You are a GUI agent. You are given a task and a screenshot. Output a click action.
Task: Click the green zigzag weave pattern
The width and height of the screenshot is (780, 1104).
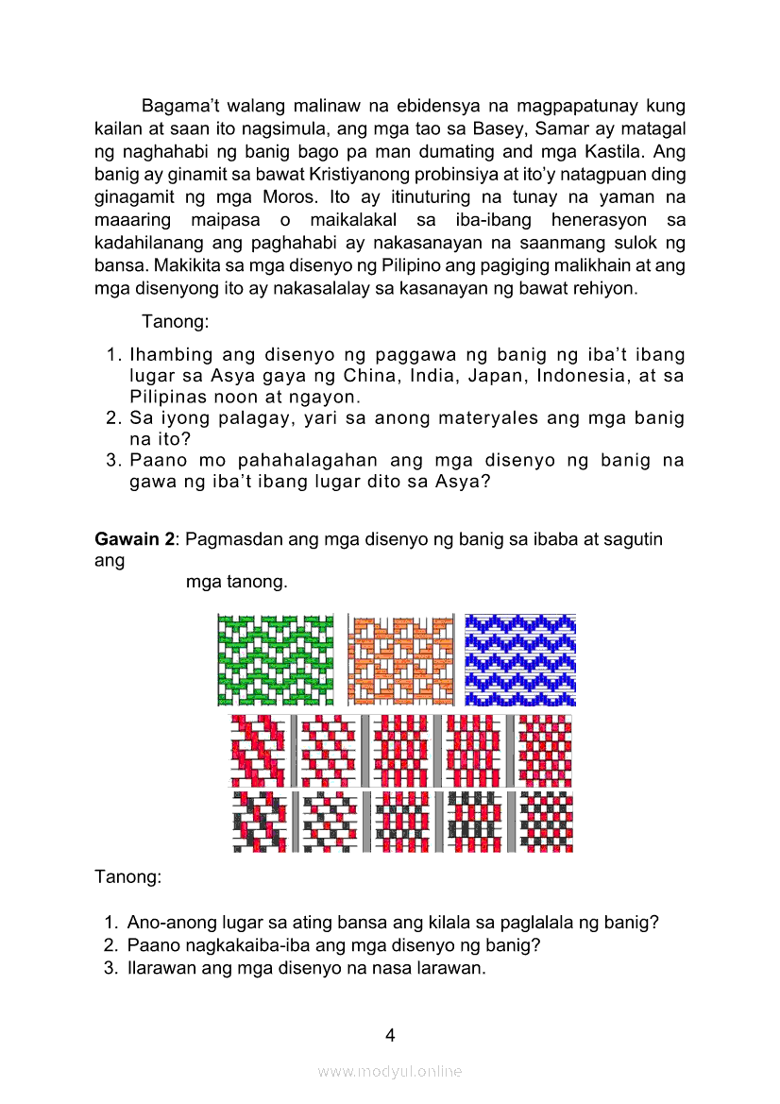276,660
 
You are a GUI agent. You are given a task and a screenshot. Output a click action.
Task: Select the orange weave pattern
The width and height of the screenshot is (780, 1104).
401,660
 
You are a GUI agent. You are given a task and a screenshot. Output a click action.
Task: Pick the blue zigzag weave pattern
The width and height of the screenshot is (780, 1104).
520,660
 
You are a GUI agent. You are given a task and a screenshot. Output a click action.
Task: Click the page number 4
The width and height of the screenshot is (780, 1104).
390,1035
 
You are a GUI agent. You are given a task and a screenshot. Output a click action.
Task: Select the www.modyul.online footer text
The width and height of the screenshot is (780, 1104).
390,1071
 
